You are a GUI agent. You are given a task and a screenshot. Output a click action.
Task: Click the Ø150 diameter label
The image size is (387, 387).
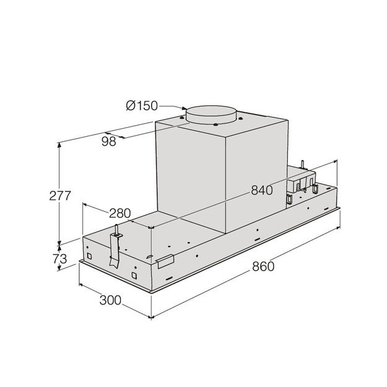coord(142,105)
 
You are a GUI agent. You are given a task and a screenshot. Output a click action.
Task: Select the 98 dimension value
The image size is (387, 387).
coord(109,142)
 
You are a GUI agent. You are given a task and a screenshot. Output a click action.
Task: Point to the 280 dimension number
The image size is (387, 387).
coord(120,213)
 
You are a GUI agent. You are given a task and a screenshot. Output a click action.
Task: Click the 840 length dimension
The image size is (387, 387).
coord(261,190)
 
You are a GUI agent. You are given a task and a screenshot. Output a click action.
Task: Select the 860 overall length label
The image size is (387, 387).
coord(263,267)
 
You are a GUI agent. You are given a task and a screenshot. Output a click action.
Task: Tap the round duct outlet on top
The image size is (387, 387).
coord(211,113)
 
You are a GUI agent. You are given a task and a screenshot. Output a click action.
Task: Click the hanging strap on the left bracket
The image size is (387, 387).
coord(114,251)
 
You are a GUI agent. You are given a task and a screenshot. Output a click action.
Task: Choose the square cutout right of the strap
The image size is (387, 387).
coord(134,274)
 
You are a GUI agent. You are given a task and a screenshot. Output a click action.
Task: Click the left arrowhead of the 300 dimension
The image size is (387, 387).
coord(80,285)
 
